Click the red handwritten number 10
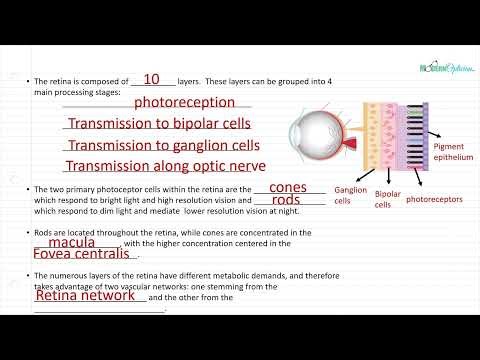[152, 79]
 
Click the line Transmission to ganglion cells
[163, 145]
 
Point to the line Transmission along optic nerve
[163, 167]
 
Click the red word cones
[288, 187]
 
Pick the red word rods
[286, 200]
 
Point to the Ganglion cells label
[350, 194]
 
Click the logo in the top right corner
[448, 69]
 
